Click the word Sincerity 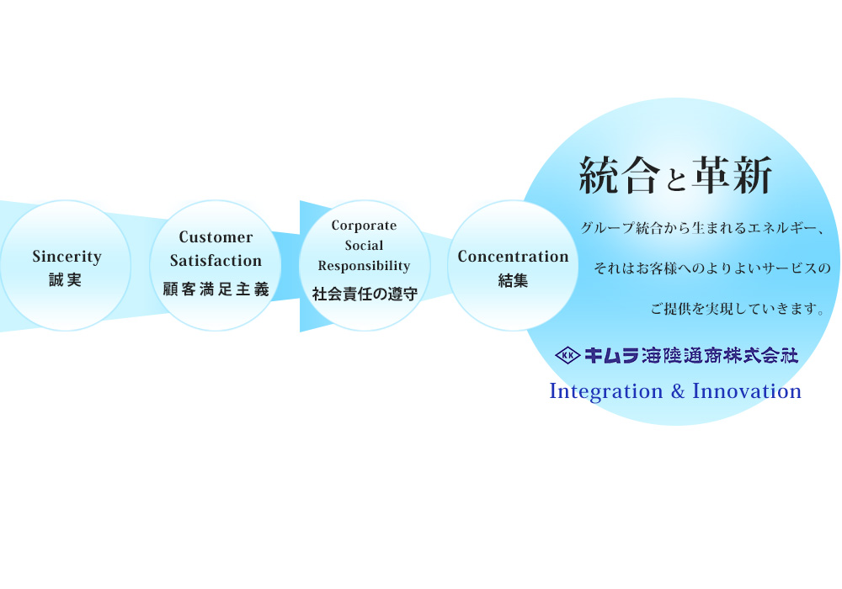click(67, 257)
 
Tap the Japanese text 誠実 click(65, 280)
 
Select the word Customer click(216, 237)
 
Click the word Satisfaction click(216, 261)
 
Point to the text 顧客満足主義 click(216, 289)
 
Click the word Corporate click(364, 226)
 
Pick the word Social click(364, 246)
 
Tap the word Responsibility click(364, 266)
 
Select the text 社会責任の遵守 click(365, 294)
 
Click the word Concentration click(513, 257)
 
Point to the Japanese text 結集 click(513, 280)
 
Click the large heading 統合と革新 click(675, 175)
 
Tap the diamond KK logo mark click(568, 355)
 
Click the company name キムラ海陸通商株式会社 click(691, 355)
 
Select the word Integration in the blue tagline click(605, 391)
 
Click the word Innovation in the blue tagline click(747, 391)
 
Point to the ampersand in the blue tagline click(678, 391)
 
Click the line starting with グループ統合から click(702, 229)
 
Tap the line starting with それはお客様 click(712, 268)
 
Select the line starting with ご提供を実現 click(738, 309)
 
